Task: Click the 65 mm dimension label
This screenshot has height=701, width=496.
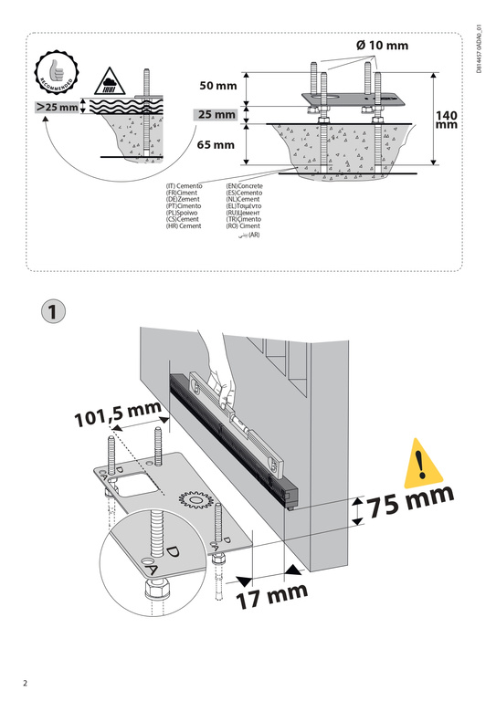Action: (216, 144)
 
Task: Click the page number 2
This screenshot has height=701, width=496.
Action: (26, 683)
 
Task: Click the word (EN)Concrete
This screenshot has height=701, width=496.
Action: (244, 186)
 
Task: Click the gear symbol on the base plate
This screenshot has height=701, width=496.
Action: (194, 502)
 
